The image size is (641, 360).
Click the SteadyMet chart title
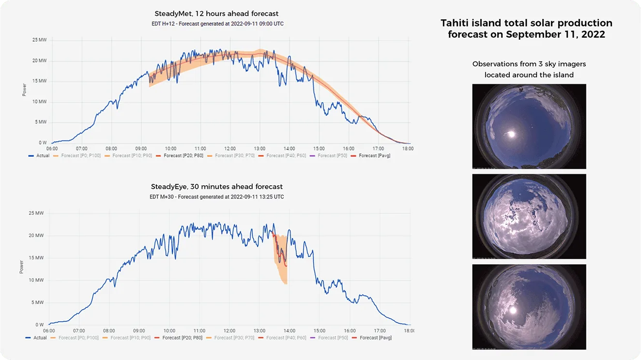pyautogui.click(x=216, y=14)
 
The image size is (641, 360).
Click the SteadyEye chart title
pyautogui.click(x=216, y=187)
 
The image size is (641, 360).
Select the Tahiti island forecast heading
pyautogui.click(x=526, y=29)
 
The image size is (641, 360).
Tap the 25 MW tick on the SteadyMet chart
pyautogui.click(x=39, y=40)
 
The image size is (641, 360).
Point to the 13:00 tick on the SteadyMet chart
pyautogui.click(x=259, y=149)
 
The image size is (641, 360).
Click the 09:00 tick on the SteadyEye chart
pyautogui.click(x=138, y=331)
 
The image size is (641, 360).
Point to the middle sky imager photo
pyautogui.click(x=529, y=216)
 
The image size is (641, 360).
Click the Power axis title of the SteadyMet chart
pyautogui.click(x=24, y=90)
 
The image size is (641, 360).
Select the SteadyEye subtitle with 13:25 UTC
pyautogui.click(x=216, y=197)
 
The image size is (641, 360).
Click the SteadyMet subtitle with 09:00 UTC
pyautogui.click(x=216, y=24)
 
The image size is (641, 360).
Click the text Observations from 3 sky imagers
pyautogui.click(x=529, y=64)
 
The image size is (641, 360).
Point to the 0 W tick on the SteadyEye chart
pyautogui.click(x=39, y=325)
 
